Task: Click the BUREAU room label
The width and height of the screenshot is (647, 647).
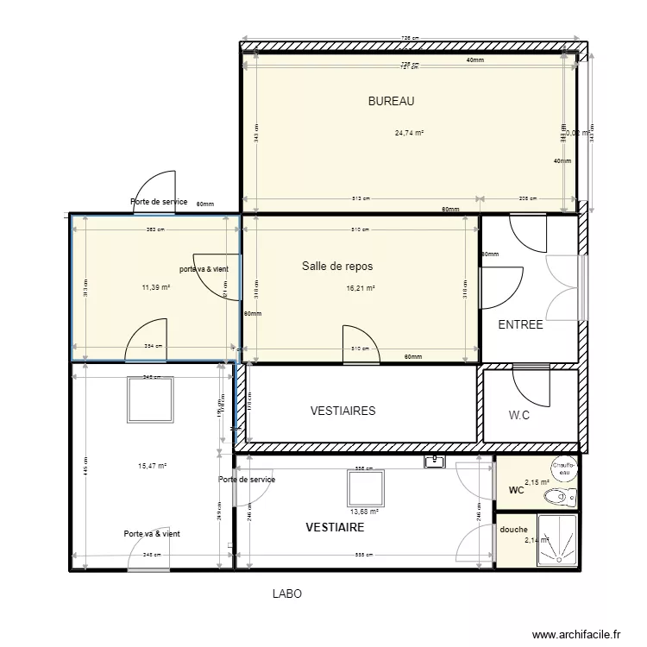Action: [x=391, y=101]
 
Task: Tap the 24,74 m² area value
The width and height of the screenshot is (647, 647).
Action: [x=409, y=133]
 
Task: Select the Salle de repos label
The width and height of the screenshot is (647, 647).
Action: [x=337, y=266]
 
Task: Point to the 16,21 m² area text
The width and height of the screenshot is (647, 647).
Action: [x=361, y=289]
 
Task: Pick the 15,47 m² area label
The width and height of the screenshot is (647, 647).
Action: [x=152, y=466]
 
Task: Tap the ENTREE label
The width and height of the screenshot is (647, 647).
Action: [x=521, y=325]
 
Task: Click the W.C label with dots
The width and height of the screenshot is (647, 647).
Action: [x=519, y=415]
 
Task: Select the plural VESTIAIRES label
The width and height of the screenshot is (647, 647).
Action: [x=342, y=411]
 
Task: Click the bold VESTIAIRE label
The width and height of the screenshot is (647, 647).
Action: [x=335, y=526]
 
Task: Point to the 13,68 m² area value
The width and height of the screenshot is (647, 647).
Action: [x=365, y=511]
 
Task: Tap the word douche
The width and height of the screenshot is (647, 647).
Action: [x=513, y=530]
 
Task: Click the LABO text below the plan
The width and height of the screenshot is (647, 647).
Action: [x=287, y=594]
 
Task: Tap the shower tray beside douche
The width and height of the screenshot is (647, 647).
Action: [x=558, y=541]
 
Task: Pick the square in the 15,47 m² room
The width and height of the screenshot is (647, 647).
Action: [x=152, y=399]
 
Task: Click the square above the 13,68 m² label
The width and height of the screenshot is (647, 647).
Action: [x=365, y=487]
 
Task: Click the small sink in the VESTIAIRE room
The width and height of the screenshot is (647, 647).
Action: [x=433, y=462]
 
